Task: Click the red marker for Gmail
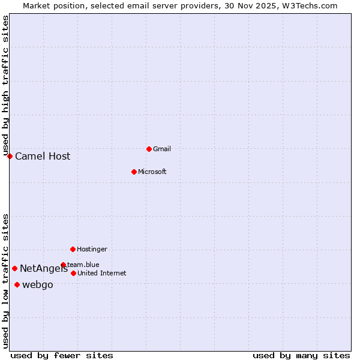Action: [x=149, y=149]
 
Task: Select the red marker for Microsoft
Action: [x=134, y=172]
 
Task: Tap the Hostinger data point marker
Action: [x=73, y=249]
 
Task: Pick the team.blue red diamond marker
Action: [x=63, y=265]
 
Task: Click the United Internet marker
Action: [x=73, y=273]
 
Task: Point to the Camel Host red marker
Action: [x=10, y=156]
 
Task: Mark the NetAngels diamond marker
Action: [x=14, y=268]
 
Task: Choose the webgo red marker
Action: [x=17, y=284]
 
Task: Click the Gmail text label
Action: [x=162, y=149]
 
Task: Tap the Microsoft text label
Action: [x=152, y=172]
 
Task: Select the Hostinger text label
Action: [x=92, y=249]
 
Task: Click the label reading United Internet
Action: [x=101, y=273]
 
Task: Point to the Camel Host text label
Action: [x=43, y=157]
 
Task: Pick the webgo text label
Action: [x=37, y=285]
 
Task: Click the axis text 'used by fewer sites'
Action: [x=62, y=355]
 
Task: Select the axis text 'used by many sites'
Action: [x=301, y=355]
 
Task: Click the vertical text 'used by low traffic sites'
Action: [x=5, y=280]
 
